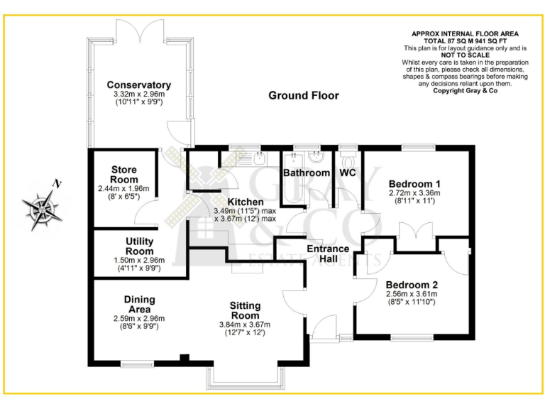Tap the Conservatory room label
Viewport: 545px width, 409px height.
(x=139, y=86)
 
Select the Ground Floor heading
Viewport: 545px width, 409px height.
(x=303, y=96)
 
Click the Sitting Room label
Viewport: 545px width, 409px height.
(x=245, y=310)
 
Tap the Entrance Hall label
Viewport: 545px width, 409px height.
(x=327, y=253)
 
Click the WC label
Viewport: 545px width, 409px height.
(x=348, y=173)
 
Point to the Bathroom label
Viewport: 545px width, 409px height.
(x=307, y=173)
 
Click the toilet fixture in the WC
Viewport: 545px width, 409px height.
(x=347, y=156)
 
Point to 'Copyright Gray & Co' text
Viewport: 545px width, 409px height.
(x=465, y=91)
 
